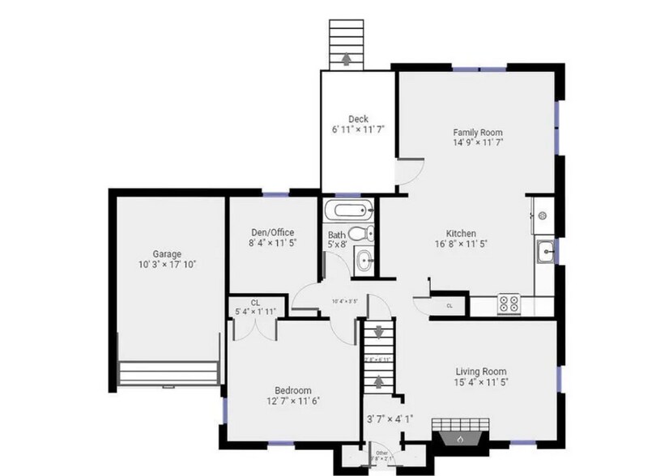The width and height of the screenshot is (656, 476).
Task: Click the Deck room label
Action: (x=358, y=119)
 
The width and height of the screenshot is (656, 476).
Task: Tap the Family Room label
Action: (x=478, y=131)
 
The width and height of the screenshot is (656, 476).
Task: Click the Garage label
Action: (x=168, y=253)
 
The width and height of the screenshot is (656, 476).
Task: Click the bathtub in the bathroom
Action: (x=348, y=213)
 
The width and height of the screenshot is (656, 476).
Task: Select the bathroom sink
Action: (x=364, y=261)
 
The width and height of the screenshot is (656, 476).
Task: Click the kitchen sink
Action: (x=546, y=253)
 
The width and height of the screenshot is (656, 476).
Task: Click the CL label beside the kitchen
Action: (x=449, y=306)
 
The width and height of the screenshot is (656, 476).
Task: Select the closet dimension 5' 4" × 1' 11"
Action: (x=256, y=311)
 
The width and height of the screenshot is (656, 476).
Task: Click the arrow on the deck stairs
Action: (x=347, y=58)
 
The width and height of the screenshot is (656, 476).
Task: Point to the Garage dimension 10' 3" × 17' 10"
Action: (x=168, y=264)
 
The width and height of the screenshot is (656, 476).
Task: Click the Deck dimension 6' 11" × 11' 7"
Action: (x=358, y=130)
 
